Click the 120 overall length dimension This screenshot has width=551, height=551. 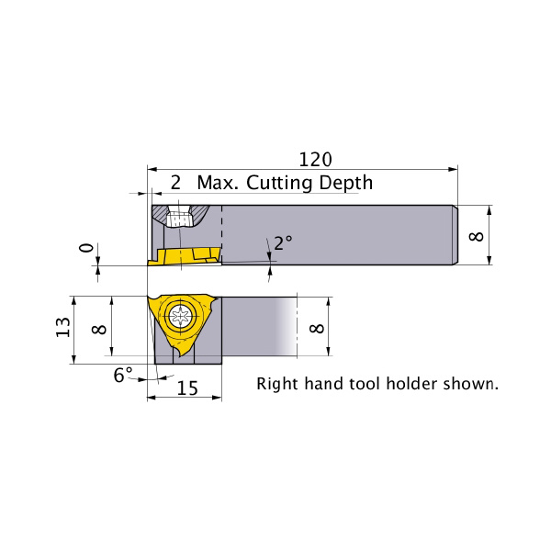tap(315, 160)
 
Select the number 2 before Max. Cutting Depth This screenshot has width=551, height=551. tap(175, 183)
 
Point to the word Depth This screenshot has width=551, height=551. tap(346, 184)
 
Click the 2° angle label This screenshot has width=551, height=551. tap(283, 242)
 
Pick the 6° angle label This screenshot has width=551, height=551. tap(123, 375)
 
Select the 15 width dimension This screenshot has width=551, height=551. tap(187, 388)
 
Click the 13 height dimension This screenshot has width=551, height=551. tap(63, 327)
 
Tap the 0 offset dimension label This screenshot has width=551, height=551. tap(86, 248)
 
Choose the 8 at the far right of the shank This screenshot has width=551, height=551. tap(477, 236)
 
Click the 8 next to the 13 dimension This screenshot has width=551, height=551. tap(99, 330)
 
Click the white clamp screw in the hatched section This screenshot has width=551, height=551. tap(179, 217)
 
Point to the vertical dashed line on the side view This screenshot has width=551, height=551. tap(221, 233)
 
